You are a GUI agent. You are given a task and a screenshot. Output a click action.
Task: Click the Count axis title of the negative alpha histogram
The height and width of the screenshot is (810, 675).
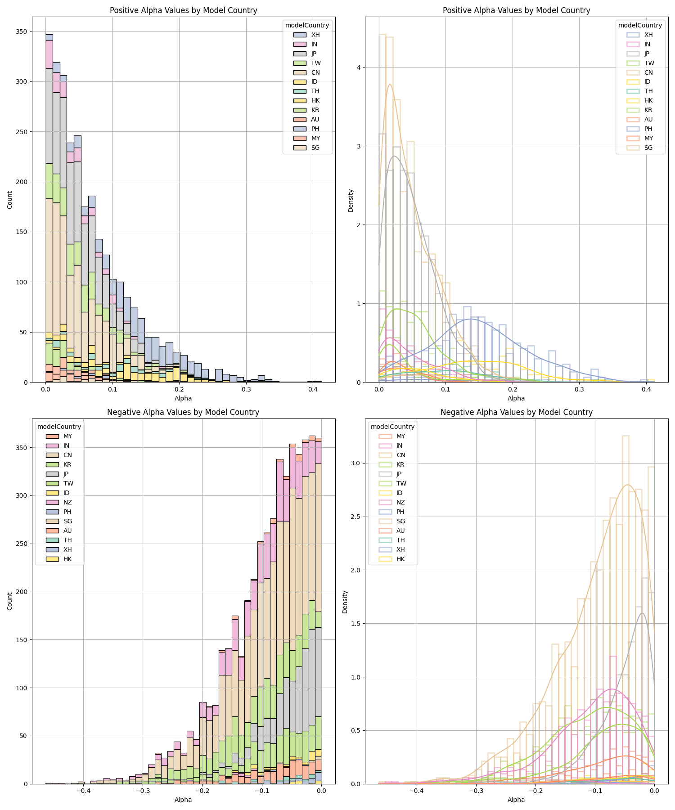click(10, 601)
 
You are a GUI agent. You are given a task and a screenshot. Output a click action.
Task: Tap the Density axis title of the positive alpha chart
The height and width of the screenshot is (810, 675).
click(351, 200)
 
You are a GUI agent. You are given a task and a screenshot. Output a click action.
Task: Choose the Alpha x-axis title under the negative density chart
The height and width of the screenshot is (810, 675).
click(516, 800)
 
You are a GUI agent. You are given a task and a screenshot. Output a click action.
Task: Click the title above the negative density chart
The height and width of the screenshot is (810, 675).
click(516, 412)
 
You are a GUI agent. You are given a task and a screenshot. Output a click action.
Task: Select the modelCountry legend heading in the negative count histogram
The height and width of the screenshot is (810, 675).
click(59, 427)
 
